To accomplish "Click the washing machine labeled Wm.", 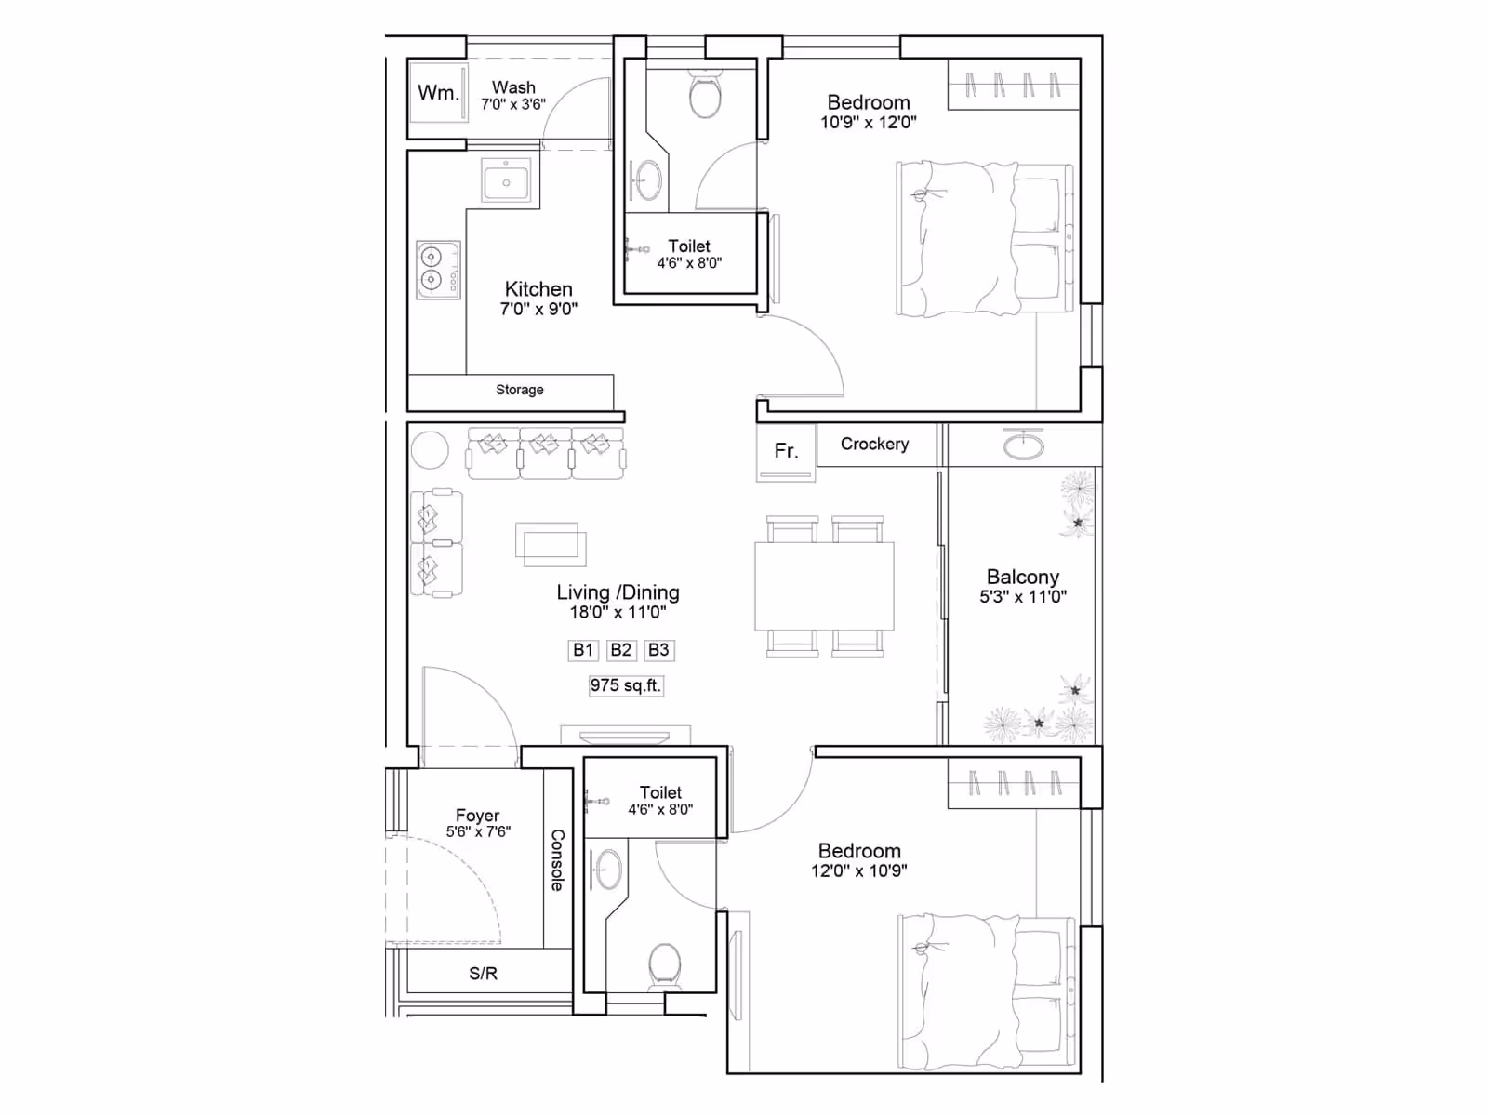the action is (x=439, y=93).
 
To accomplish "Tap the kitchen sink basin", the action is (x=507, y=180).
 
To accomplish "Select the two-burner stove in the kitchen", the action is (x=439, y=270).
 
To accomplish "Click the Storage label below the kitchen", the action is (x=519, y=390).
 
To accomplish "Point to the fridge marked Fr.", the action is (x=787, y=452).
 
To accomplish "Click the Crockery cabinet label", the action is (x=874, y=444).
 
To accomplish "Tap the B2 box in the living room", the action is (x=621, y=650).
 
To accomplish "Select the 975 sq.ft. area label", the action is (x=625, y=685).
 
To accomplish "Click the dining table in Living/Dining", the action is (x=824, y=586).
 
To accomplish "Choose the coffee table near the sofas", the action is (x=551, y=544).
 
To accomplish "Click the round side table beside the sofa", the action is (x=430, y=450).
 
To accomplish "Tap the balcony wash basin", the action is (x=1024, y=445).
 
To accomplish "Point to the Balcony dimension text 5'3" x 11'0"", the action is (x=1023, y=597).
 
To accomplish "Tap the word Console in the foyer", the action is (x=557, y=860).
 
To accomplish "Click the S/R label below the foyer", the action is (x=483, y=974).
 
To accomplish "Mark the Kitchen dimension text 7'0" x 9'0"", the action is (x=538, y=309).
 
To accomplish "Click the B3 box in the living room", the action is (x=659, y=650).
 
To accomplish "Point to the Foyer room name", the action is (x=477, y=816).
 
